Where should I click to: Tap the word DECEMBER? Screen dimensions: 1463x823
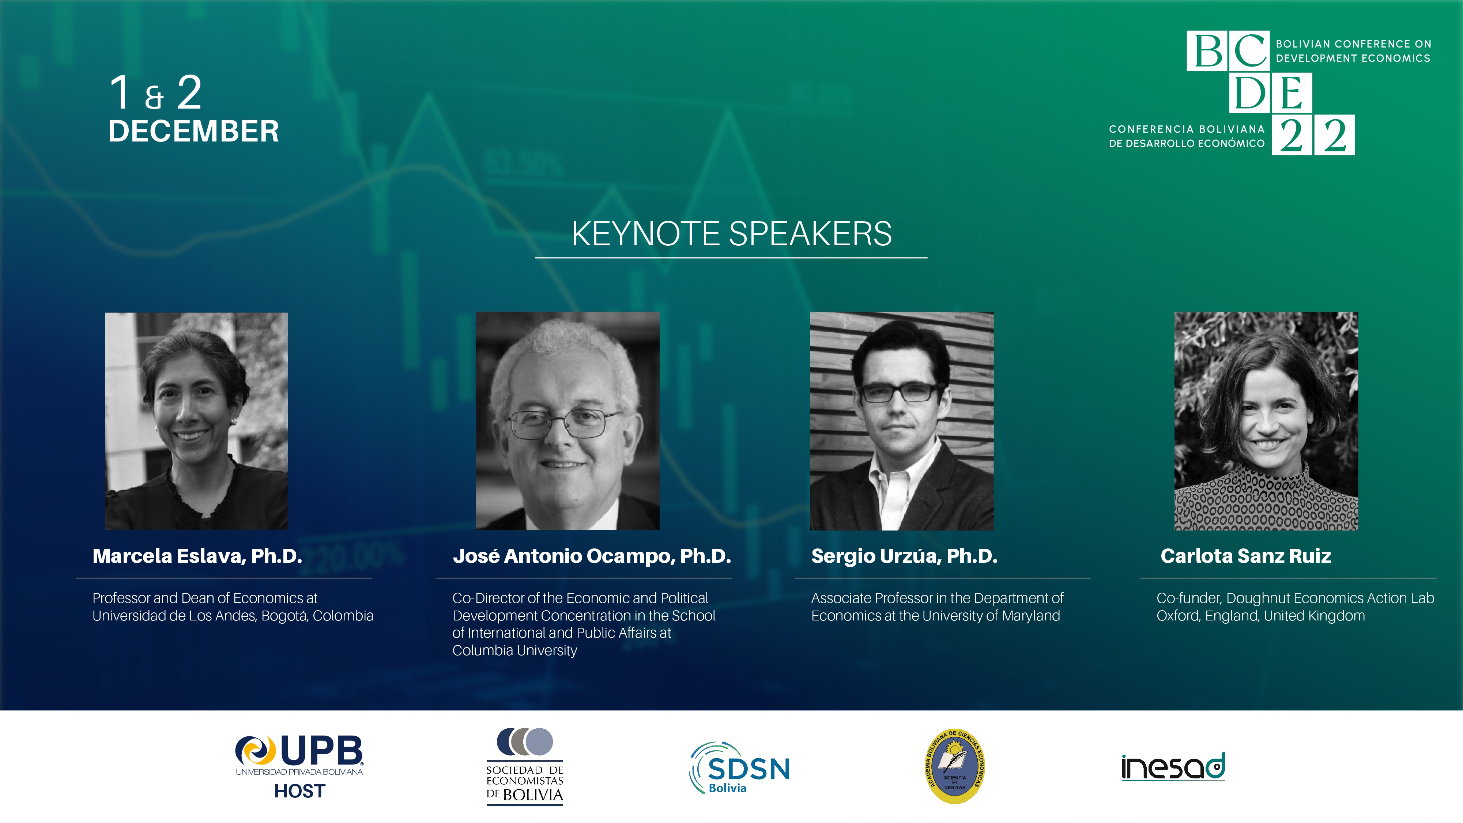194,131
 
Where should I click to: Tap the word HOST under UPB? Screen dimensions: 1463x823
300,791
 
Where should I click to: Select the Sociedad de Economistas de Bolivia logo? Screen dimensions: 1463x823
525,766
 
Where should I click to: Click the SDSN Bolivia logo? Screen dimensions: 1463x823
739,767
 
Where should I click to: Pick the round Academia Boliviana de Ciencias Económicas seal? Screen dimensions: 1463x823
955,766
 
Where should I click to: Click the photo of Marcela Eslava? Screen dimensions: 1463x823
196,421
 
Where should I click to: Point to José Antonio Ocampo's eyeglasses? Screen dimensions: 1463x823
565,424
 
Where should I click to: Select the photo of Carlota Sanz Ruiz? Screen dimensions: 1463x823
1266,421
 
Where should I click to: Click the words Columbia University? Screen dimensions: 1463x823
514,650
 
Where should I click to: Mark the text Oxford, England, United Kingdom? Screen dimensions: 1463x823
1261,616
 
